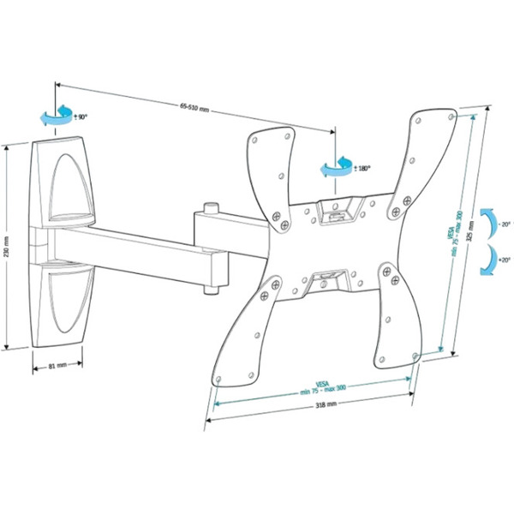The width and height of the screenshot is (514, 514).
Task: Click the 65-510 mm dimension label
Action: (x=194, y=105)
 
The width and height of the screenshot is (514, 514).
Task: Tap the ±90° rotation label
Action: (x=81, y=116)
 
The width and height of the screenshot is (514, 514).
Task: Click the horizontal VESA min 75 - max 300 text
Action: (x=321, y=387)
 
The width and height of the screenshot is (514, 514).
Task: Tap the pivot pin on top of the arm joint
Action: (x=209, y=208)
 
